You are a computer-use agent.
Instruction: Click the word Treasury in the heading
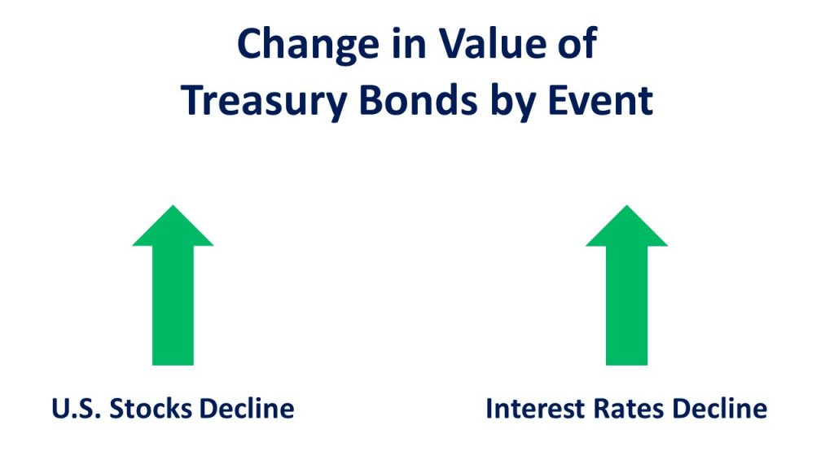265,102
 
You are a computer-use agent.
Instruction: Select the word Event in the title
600,100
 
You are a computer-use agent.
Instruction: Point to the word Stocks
151,409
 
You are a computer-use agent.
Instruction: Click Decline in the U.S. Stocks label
247,409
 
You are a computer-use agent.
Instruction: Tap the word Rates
629,409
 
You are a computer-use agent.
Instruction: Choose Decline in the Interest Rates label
720,409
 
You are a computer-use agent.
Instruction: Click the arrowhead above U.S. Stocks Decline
173,228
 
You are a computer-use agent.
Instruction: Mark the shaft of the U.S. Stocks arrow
173,305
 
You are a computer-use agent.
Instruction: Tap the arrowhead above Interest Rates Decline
626,228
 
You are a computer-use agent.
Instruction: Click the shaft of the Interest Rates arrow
626,305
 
